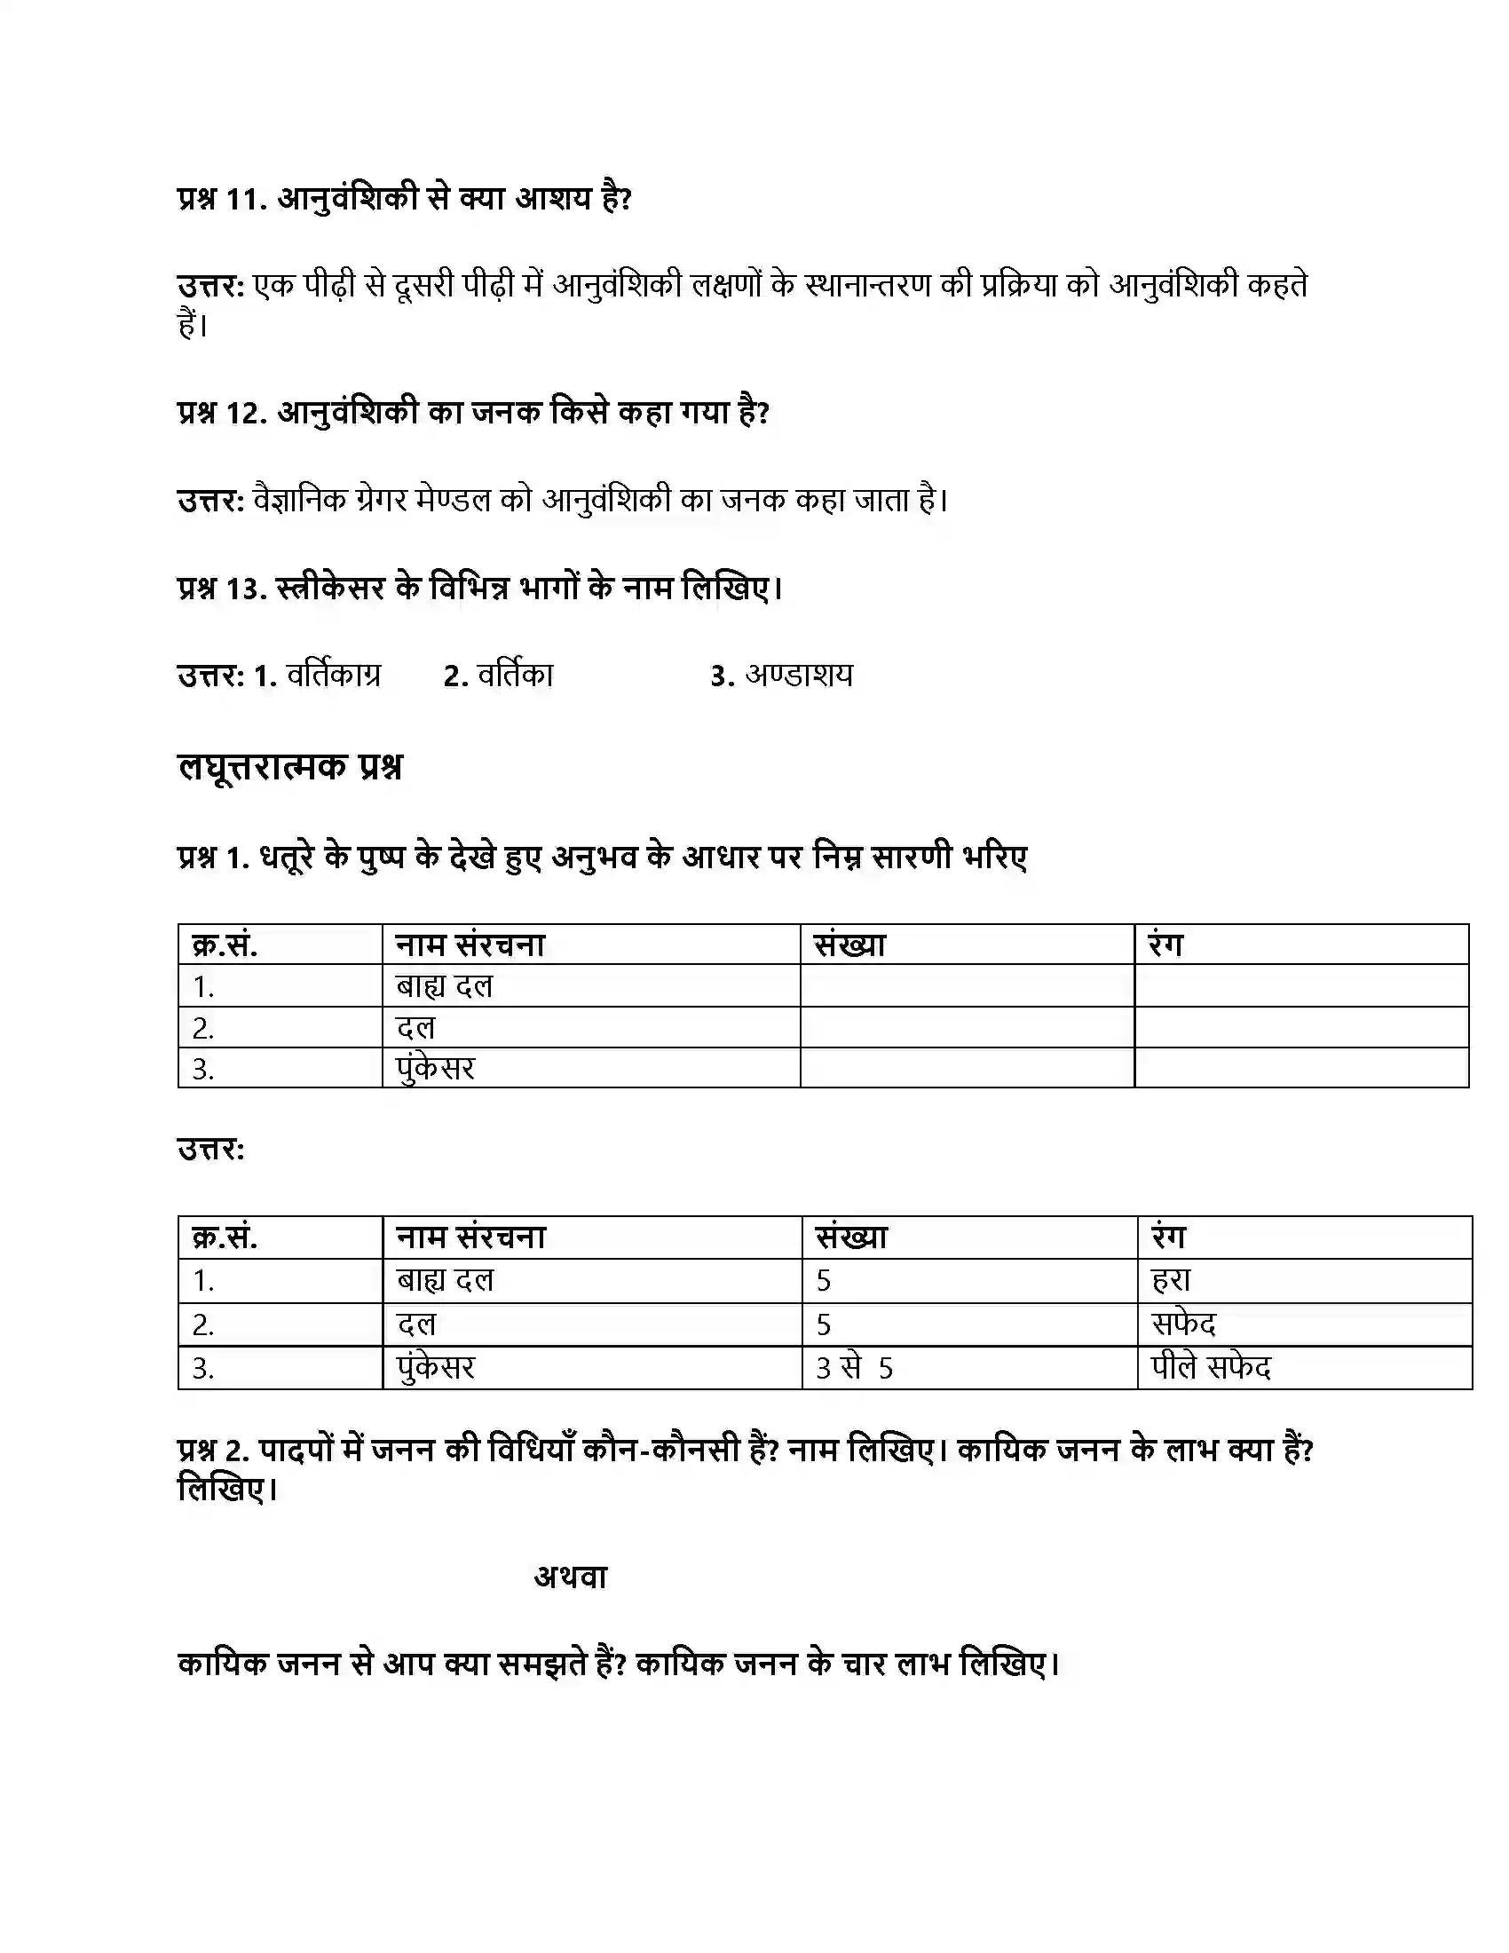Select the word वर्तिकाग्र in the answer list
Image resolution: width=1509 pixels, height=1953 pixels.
pyautogui.click(x=334, y=676)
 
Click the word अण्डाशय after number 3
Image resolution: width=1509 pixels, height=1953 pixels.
pyautogui.click(x=799, y=676)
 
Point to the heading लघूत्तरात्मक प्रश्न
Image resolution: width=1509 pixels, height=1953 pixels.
pyautogui.click(x=289, y=767)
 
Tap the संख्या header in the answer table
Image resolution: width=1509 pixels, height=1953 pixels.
pyautogui.click(x=851, y=1237)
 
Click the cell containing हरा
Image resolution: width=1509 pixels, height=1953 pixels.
pyautogui.click(x=1171, y=1280)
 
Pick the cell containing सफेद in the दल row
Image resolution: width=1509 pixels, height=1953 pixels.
pyautogui.click(x=1184, y=1324)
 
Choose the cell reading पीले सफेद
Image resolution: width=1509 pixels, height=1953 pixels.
pyautogui.click(x=1212, y=1367)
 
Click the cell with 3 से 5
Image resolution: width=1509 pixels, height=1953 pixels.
pyautogui.click(x=854, y=1368)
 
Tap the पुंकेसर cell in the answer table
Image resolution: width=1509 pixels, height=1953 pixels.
pyautogui.click(x=435, y=1368)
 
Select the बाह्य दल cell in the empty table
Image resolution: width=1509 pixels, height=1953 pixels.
pyautogui.click(x=445, y=986)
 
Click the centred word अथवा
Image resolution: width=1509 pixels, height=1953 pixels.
pyautogui.click(x=571, y=1577)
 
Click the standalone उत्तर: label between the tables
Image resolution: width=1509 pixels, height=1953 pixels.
pyautogui.click(x=211, y=1149)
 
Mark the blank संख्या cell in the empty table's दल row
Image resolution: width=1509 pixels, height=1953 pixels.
pyautogui.click(x=967, y=1027)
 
